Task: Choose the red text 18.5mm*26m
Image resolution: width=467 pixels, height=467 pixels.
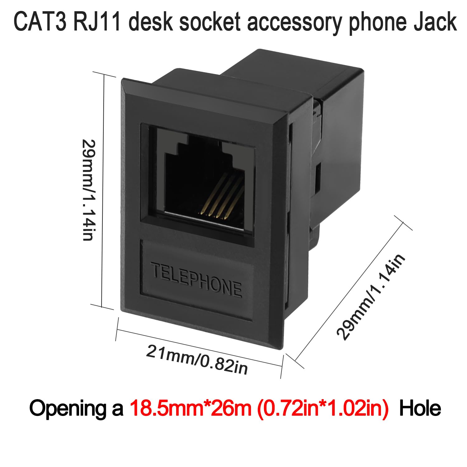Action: coord(190,409)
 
